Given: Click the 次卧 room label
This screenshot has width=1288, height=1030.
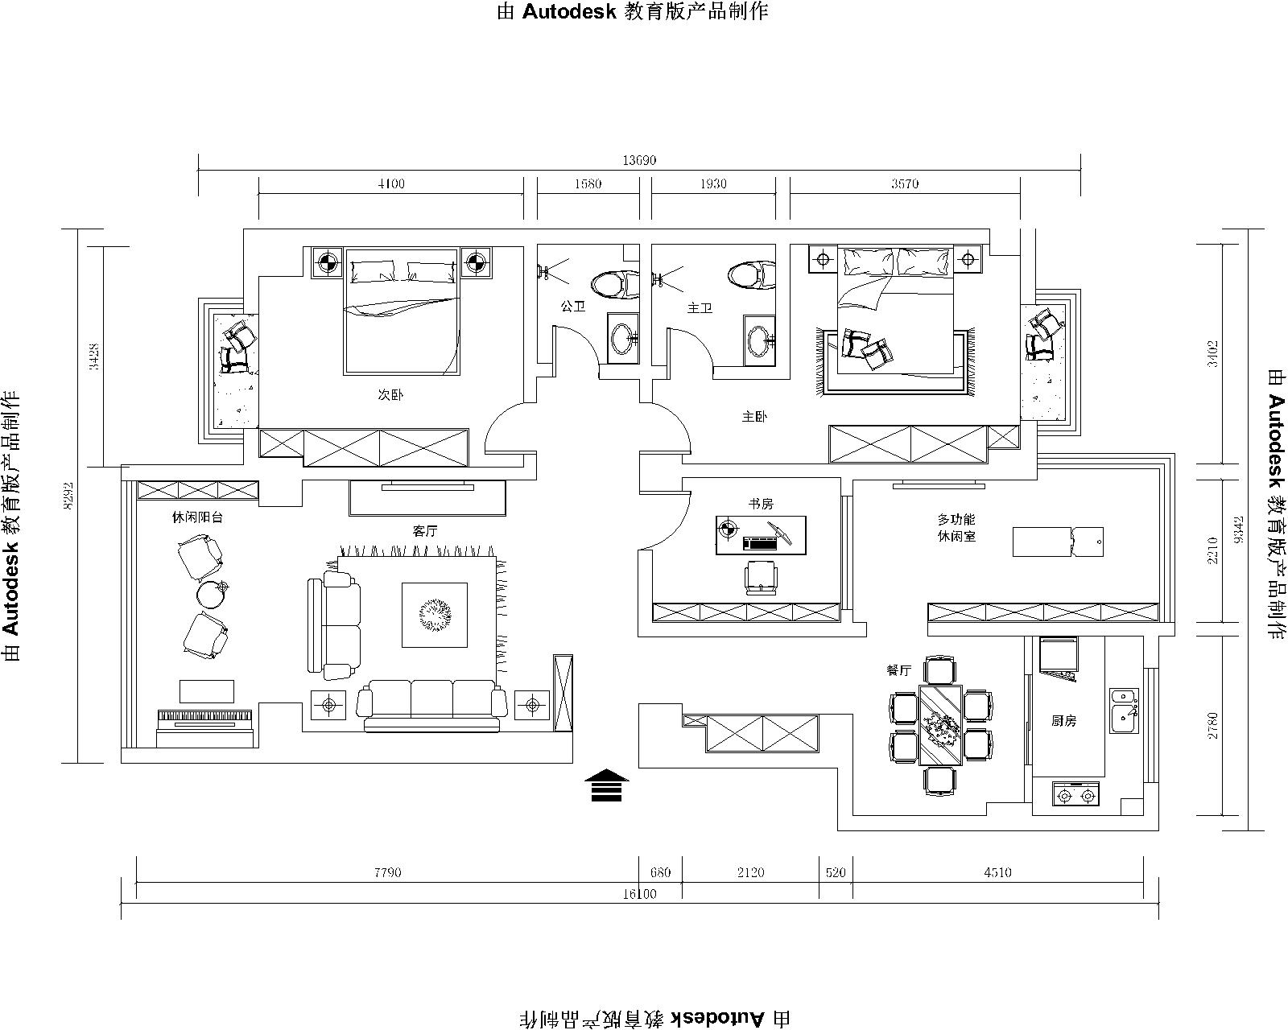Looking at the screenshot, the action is [390, 395].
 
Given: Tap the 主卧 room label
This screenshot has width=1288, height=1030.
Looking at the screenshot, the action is [754, 417].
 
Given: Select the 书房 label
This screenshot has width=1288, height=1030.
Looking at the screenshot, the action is [761, 504].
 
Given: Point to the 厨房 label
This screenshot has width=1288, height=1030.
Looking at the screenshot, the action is [1063, 720].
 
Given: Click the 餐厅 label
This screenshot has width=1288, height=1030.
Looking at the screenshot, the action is [898, 670].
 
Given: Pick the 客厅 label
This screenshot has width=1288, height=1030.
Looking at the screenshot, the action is [425, 531].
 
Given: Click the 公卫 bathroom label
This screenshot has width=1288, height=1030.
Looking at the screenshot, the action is [573, 307].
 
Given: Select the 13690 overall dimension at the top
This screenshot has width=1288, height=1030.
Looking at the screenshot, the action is [639, 160].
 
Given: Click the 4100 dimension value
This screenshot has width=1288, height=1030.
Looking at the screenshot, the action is [391, 183].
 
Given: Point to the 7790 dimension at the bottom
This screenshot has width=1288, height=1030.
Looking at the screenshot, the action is [387, 872].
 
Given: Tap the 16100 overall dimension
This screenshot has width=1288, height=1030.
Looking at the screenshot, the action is [639, 894].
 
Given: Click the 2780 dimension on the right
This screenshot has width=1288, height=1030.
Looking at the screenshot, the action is [1212, 725].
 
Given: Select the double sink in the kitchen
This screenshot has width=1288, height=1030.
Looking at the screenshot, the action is [1125, 711].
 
